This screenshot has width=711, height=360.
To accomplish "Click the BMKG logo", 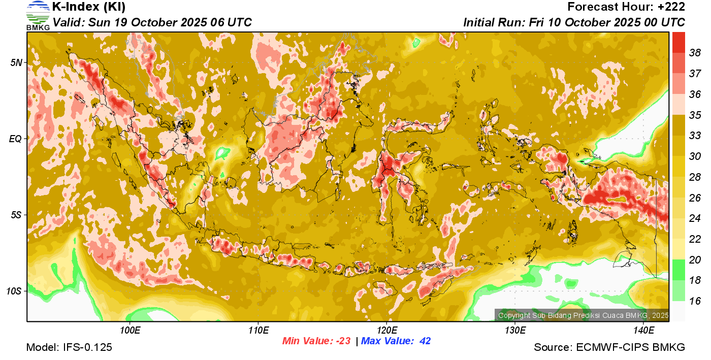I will click(38, 16).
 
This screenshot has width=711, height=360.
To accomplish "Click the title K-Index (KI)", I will click(89, 7).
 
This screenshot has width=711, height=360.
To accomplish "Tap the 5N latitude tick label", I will click(16, 62).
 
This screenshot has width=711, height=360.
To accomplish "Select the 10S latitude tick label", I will click(14, 291).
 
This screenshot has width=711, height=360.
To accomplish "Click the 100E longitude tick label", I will click(130, 331).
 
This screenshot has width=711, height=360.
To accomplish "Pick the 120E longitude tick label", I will click(387, 331).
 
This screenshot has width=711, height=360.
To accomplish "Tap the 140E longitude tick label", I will click(643, 331).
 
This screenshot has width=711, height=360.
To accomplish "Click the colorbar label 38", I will click(695, 52).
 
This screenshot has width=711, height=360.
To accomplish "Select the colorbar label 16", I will click(695, 301).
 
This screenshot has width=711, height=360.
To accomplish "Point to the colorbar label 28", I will click(695, 177).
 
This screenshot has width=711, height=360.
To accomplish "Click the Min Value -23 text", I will click(316, 341).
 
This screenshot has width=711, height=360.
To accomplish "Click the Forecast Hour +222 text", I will click(626, 7).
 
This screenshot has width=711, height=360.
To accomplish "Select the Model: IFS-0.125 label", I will click(69, 347).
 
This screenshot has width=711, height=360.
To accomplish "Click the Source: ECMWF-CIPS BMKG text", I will click(609, 347).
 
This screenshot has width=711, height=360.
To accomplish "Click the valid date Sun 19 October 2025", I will click(152, 23).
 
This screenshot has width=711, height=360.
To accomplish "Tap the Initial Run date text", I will click(574, 23).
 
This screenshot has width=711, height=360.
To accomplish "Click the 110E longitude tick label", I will click(258, 331).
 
